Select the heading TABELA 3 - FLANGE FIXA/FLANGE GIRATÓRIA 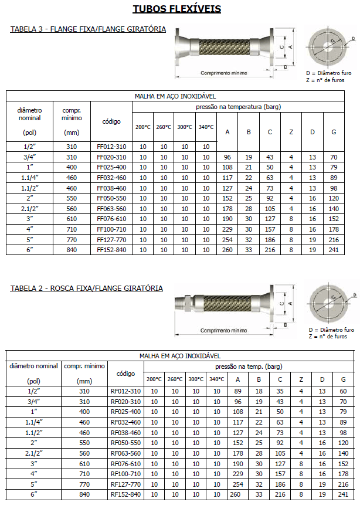tap(88, 29)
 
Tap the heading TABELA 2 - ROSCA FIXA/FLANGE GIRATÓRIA tap(87, 288)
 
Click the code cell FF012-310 tap(111, 146)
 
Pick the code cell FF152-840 tap(111, 250)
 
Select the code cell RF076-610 tap(126, 463)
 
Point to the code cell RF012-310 tap(126, 391)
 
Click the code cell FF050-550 tap(111, 198)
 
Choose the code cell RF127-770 tap(126, 484)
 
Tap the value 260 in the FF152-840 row tap(227, 250)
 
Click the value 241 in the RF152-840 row tap(343, 494)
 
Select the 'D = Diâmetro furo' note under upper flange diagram tap(330, 73)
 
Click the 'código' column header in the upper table tap(111, 121)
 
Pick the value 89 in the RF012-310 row tap(237, 391)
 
